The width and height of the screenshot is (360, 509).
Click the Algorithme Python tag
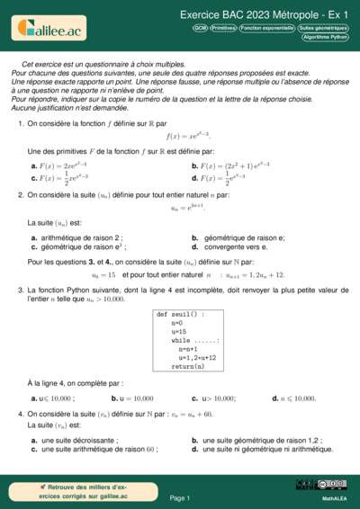coord(326,38)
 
